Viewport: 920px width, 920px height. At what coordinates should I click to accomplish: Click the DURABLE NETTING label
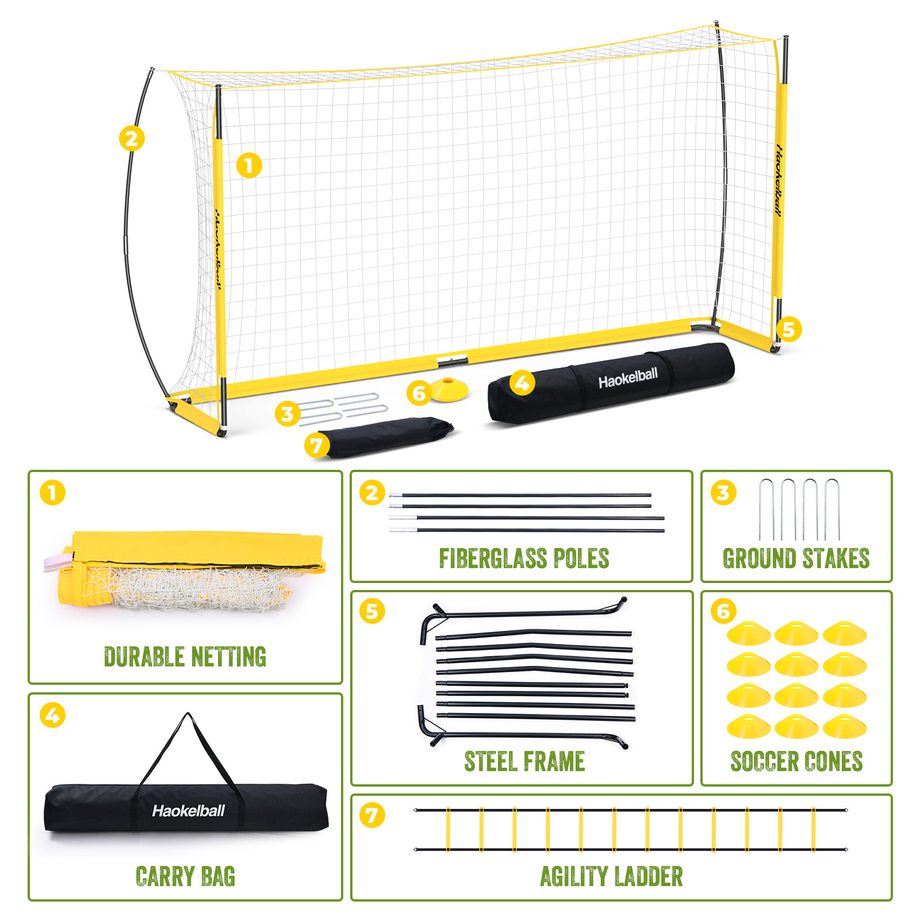pos(185,657)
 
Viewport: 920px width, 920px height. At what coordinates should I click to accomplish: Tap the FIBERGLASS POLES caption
pos(524,558)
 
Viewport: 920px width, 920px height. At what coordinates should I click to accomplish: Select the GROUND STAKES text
pos(796,558)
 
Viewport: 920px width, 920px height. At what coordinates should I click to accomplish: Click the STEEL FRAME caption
pos(524,761)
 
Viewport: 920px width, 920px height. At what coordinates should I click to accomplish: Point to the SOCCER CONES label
pos(796,761)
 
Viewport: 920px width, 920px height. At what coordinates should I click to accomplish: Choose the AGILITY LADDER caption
pos(611,876)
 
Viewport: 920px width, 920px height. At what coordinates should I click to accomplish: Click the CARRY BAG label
pos(185,876)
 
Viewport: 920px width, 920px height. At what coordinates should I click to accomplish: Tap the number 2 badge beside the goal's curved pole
pos(132,139)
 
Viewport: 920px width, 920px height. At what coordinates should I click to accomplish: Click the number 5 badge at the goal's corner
pos(788,329)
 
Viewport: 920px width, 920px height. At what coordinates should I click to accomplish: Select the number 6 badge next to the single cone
pos(419,393)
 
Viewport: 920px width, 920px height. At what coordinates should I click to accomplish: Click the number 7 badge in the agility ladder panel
pos(372,815)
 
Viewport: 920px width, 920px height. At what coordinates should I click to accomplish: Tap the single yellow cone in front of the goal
pos(450,389)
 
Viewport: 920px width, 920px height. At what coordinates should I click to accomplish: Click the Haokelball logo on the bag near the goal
pos(628,378)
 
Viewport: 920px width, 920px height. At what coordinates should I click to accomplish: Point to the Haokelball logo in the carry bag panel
pos(188,811)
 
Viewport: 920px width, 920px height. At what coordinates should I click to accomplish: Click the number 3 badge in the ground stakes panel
pos(723,493)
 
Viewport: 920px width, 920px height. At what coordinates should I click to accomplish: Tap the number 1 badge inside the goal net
pos(249,166)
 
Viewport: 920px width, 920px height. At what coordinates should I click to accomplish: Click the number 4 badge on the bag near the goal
pos(522,382)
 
